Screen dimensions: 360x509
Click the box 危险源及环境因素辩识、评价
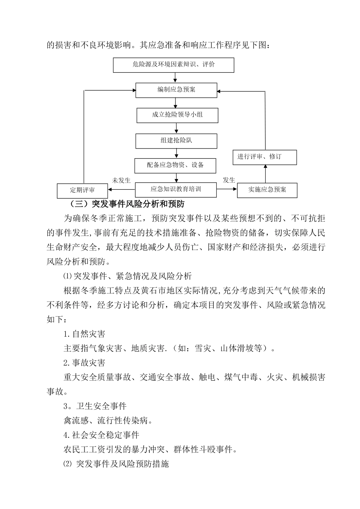click(x=174, y=65)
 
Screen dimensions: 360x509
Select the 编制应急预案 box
click(x=176, y=90)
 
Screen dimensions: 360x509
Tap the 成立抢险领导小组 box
click(x=177, y=115)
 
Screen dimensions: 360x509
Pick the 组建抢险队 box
click(x=176, y=141)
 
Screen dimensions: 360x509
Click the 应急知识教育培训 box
click(x=176, y=189)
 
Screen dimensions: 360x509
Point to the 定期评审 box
click(x=82, y=190)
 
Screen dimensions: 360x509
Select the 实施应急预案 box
click(x=267, y=190)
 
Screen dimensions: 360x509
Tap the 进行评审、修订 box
click(x=264, y=157)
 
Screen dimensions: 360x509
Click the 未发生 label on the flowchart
click(x=121, y=180)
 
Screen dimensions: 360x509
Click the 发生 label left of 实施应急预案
click(x=229, y=180)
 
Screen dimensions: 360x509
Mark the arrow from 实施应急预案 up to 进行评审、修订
click(x=265, y=174)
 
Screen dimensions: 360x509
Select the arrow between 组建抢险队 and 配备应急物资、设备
click(x=176, y=153)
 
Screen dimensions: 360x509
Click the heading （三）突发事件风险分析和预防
click(x=127, y=205)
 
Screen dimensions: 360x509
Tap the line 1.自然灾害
click(x=84, y=334)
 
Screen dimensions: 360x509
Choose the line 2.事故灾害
click(x=84, y=363)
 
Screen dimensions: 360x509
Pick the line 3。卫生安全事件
click(x=95, y=406)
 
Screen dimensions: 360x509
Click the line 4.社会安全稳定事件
click(x=101, y=435)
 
